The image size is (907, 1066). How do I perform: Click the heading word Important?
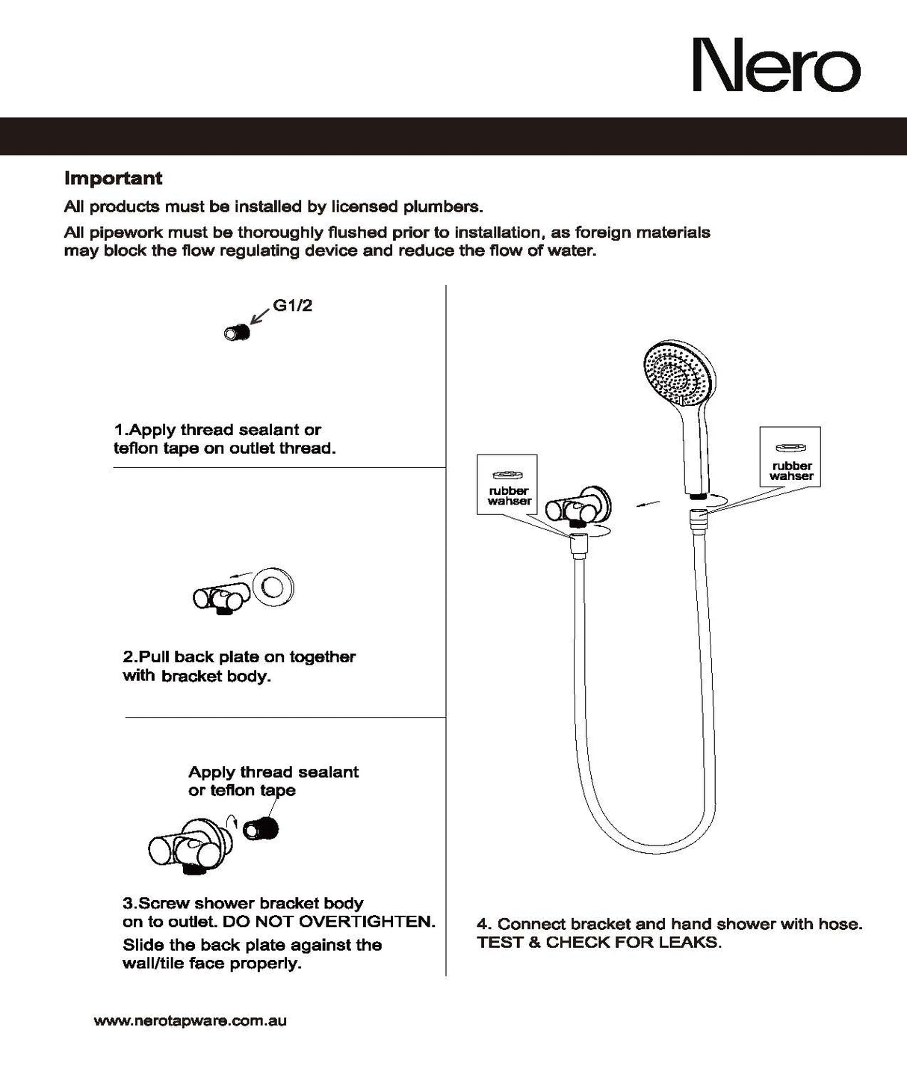pyautogui.click(x=113, y=179)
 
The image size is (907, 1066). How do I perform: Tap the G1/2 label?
pyautogui.click(x=292, y=306)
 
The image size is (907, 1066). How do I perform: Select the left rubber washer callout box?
pyautogui.click(x=507, y=484)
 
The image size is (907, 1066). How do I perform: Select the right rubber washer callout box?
pyautogui.click(x=790, y=457)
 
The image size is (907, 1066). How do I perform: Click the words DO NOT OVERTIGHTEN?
pyautogui.click(x=329, y=921)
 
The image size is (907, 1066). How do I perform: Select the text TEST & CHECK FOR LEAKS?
pyautogui.click(x=599, y=942)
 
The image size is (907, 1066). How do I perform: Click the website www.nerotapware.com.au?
pyautogui.click(x=190, y=1020)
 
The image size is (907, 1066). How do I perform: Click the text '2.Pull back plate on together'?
pyautogui.click(x=239, y=657)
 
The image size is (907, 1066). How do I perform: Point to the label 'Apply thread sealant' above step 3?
pyautogui.click(x=273, y=772)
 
